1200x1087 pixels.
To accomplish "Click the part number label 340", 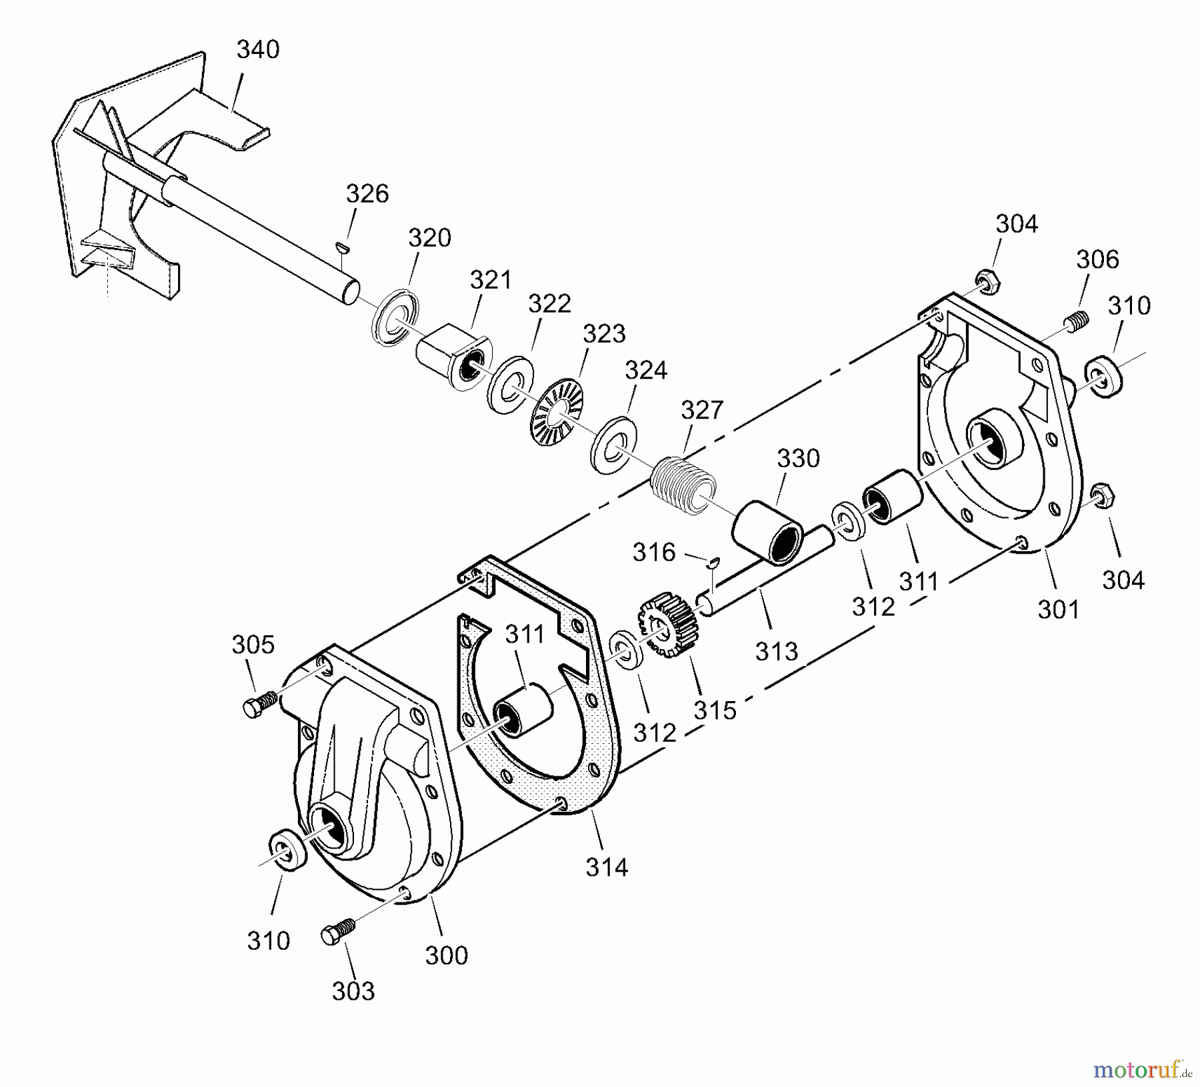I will click(x=258, y=49).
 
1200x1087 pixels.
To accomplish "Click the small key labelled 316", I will click(x=713, y=562).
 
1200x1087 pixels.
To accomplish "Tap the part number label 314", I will click(x=607, y=867).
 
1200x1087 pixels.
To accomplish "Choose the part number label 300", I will click(x=446, y=955).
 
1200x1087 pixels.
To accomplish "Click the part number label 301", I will click(x=1058, y=609).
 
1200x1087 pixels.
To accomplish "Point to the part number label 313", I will click(x=776, y=651).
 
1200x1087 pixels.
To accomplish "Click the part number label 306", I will click(x=1097, y=259).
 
